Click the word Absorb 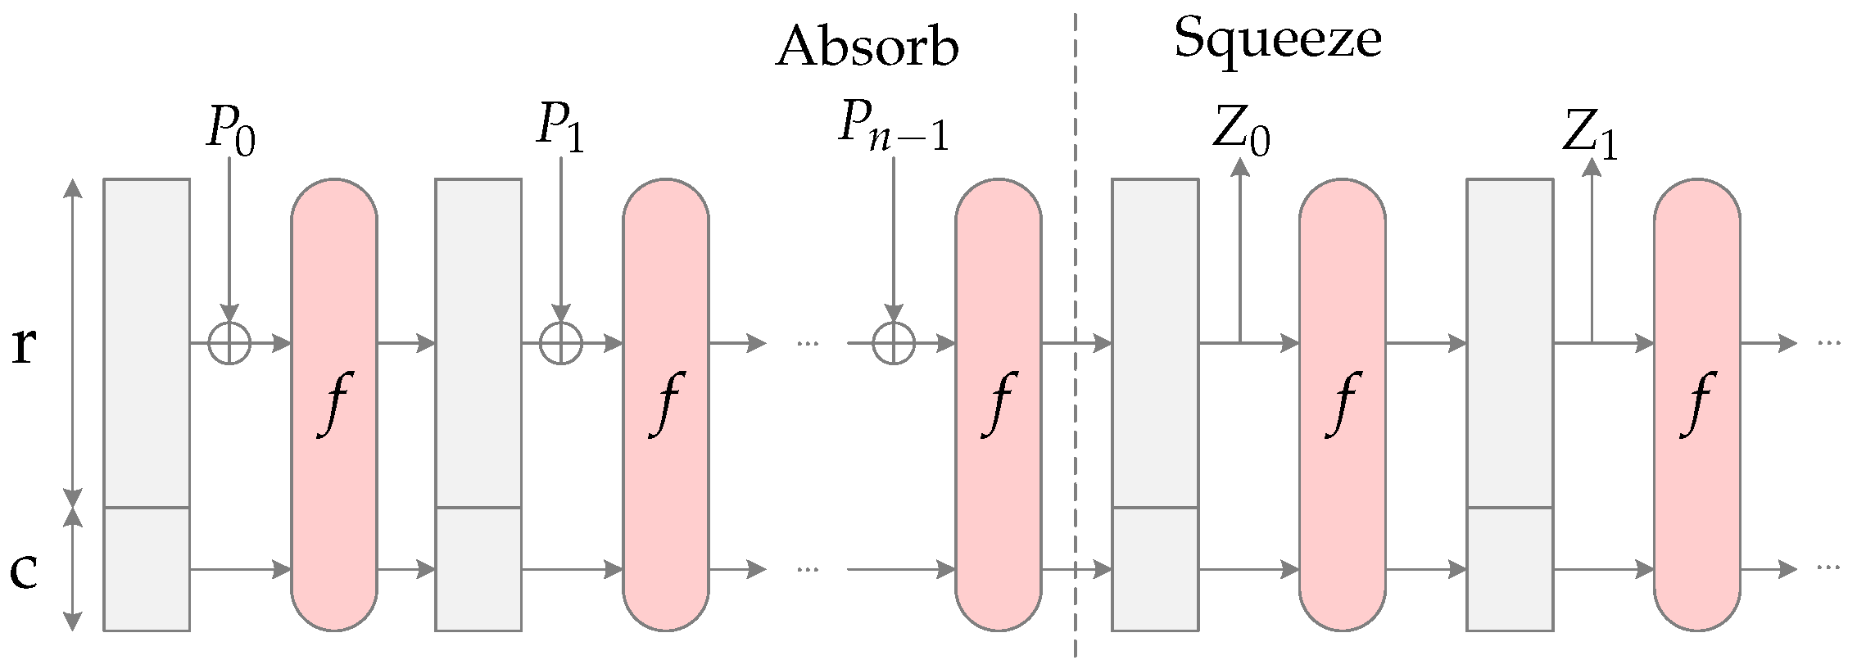point(867,47)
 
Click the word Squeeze point(1278,39)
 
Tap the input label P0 point(230,129)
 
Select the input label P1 point(561,129)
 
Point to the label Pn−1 point(893,129)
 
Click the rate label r point(24,346)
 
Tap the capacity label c point(24,570)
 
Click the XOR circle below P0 point(229,342)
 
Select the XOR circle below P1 point(561,342)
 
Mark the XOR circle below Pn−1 point(894,342)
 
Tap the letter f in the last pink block point(1697,405)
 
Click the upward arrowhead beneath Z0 point(1241,168)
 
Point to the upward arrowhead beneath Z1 point(1591,168)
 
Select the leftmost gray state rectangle point(147,405)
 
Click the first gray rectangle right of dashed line point(1155,405)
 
